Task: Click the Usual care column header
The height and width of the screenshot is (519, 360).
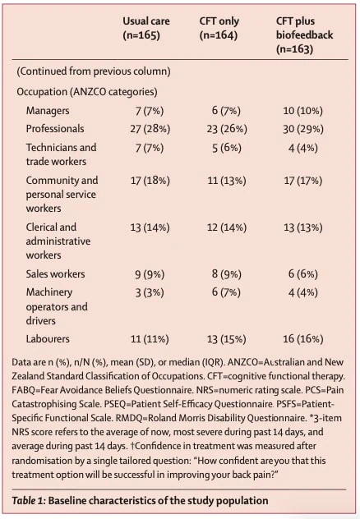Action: point(146,28)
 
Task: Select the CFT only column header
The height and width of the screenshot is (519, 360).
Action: point(219,28)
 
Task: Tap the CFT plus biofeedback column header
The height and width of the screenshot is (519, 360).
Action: point(304,34)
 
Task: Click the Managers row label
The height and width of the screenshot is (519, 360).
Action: point(48,111)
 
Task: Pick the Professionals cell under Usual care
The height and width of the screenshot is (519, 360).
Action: point(150,129)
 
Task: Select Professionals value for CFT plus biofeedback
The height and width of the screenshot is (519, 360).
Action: point(303,129)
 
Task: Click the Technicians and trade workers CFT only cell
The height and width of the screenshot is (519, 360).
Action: point(227,148)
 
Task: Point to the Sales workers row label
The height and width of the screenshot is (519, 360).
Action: point(55,273)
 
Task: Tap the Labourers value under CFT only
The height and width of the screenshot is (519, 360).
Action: point(227,339)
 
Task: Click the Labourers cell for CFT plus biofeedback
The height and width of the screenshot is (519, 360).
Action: point(303,339)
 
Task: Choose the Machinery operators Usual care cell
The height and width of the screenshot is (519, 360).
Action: point(150,292)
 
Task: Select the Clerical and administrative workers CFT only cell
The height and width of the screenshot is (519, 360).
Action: point(227,227)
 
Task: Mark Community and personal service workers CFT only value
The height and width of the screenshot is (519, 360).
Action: point(227,181)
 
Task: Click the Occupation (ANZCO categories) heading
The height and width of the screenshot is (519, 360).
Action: point(87,92)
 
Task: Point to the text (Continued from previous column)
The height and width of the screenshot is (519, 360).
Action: point(94,71)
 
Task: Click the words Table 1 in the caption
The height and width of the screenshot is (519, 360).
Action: point(29,500)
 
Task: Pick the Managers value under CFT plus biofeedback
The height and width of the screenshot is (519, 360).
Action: point(303,111)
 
